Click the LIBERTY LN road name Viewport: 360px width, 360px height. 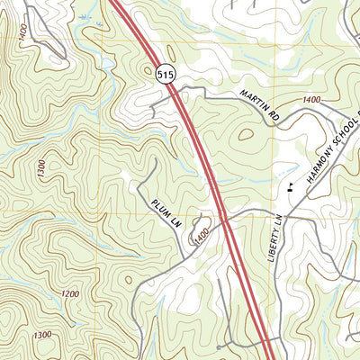pos(277,238)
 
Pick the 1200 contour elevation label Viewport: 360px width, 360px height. pos(69,294)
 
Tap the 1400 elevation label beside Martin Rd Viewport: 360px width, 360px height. pos(311,99)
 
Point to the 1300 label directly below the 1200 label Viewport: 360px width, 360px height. pos(41,335)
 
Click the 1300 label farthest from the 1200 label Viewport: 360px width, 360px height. pos(41,167)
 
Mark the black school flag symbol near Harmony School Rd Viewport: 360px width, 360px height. pos(290,188)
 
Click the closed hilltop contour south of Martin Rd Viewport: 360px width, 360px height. pos(244,137)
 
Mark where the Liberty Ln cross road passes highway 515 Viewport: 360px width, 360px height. pos(224,218)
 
